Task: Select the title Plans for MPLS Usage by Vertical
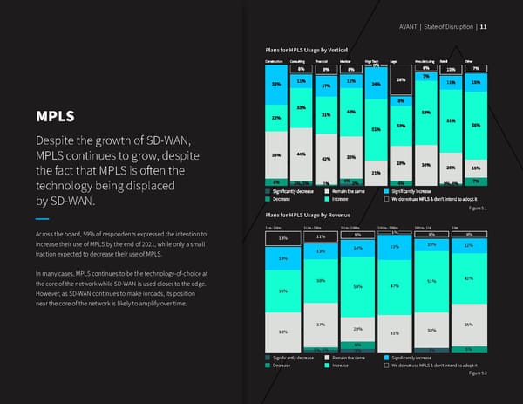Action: (x=314, y=48)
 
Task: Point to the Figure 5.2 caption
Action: (x=478, y=373)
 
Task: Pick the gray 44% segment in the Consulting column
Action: (x=301, y=154)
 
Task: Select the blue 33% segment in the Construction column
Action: (x=275, y=85)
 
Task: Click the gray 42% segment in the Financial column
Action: (x=326, y=160)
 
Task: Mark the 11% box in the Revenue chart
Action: (x=321, y=236)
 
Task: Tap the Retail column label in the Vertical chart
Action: (x=444, y=61)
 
